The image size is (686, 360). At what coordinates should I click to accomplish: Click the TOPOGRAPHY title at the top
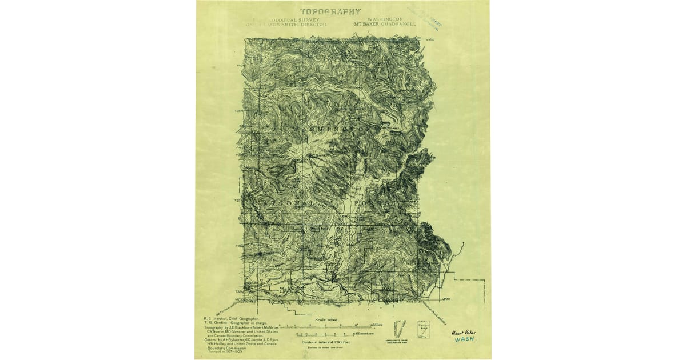331,11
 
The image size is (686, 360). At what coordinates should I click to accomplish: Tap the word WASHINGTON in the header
386,19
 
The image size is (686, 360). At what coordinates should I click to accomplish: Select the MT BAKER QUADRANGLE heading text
385,25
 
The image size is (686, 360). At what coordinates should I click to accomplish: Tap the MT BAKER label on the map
320,155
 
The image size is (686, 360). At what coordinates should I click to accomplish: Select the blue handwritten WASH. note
465,339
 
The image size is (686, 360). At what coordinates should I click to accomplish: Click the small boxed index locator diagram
423,329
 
